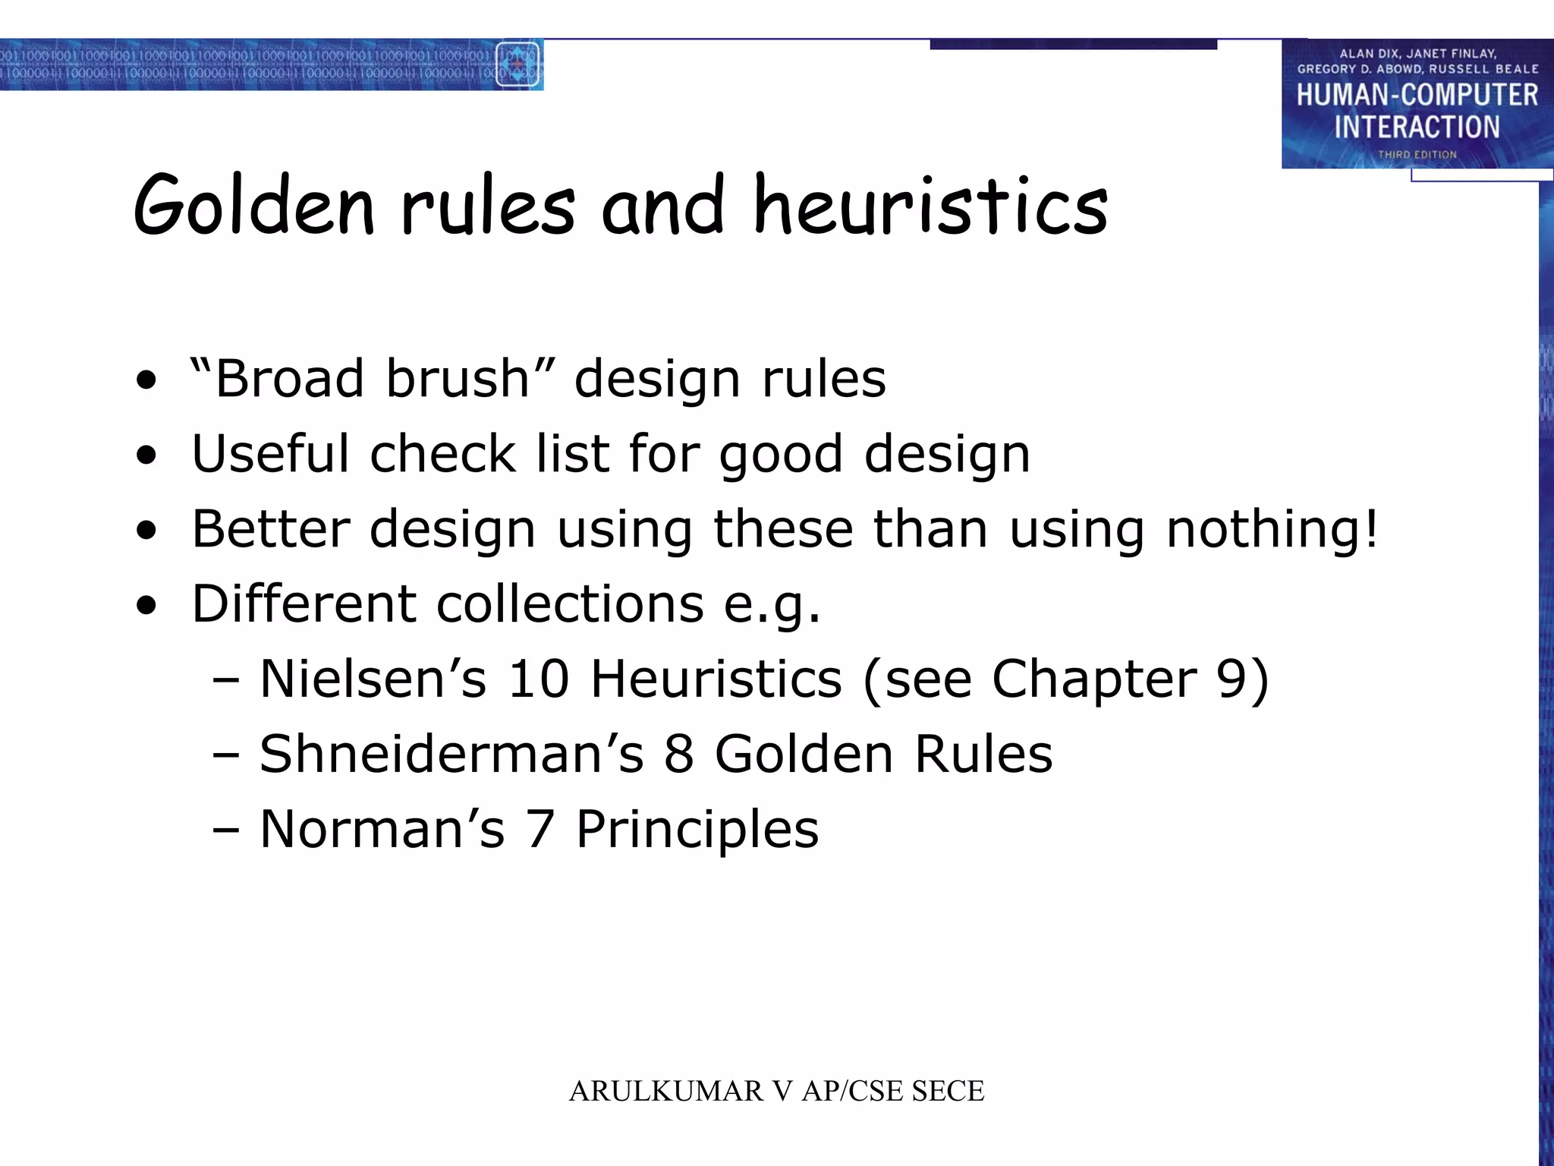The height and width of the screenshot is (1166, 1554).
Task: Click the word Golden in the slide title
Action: [254, 205]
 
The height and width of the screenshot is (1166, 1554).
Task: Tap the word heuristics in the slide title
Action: [930, 205]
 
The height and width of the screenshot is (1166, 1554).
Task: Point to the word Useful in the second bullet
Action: [269, 453]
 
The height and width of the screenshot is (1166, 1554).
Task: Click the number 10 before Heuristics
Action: [538, 678]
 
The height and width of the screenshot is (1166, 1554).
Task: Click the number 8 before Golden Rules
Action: [679, 754]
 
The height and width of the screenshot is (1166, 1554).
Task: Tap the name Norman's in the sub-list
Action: [382, 828]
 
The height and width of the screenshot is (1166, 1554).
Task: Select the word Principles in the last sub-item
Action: [697, 830]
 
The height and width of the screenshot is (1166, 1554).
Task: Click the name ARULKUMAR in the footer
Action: [666, 1091]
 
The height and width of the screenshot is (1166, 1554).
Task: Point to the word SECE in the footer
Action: [948, 1091]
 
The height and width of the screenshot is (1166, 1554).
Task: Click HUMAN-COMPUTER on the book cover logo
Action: [1417, 95]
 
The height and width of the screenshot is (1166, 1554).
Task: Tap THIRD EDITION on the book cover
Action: [1417, 154]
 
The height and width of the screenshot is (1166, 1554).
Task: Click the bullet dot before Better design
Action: [146, 530]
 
